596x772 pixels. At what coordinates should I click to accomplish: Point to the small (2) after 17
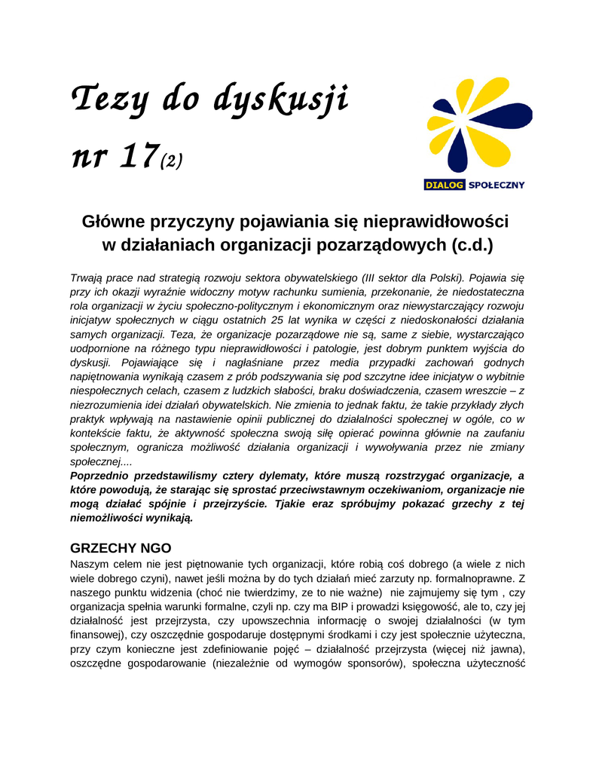171,161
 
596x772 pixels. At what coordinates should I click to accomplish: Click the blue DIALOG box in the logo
443,184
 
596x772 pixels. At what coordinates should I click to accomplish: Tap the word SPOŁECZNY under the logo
496,184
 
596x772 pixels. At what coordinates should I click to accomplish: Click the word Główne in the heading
115,222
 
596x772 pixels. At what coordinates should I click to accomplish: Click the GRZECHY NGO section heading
121,548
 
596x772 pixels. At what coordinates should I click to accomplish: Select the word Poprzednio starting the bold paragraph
105,476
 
